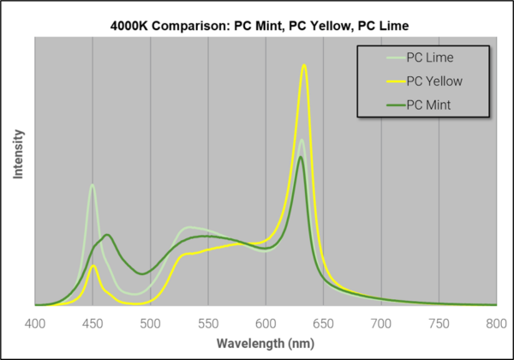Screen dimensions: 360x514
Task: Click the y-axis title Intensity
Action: tap(18, 155)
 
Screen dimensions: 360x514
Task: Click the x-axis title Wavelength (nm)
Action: tap(265, 343)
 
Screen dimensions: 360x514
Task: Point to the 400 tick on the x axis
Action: tap(35, 323)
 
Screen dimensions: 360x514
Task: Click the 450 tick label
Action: tap(93, 323)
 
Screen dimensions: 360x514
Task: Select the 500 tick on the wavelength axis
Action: tap(151, 323)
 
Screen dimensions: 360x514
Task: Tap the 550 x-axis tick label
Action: tap(208, 323)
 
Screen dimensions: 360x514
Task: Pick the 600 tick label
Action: tap(266, 323)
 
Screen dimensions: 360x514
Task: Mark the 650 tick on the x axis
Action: tap(324, 323)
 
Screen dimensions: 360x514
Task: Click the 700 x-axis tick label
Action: tap(381, 323)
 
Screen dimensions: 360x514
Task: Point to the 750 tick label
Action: tap(439, 323)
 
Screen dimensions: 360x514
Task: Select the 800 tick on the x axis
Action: tap(497, 323)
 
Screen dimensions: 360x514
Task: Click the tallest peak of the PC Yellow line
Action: tap(303, 65)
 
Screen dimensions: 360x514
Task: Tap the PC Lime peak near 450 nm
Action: tap(92, 184)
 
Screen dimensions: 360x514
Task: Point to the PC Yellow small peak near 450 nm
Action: tap(93, 266)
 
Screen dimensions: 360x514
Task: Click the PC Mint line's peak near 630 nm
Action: tap(300, 157)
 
